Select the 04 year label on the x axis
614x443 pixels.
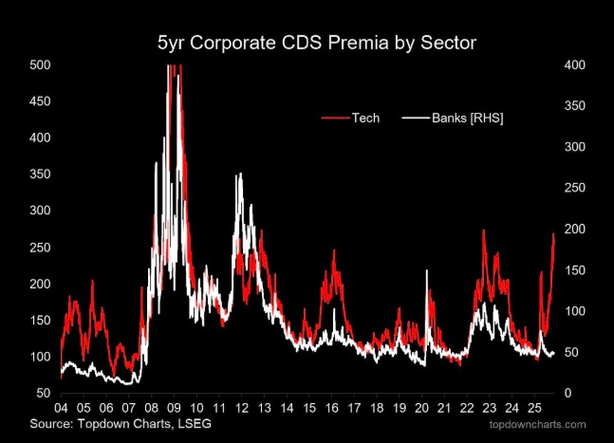click(61, 408)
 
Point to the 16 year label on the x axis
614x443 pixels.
click(331, 408)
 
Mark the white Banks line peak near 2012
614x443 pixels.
click(240, 174)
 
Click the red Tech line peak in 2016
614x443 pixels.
click(334, 249)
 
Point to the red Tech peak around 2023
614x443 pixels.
click(484, 230)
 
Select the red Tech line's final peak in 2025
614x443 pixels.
click(553, 233)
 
